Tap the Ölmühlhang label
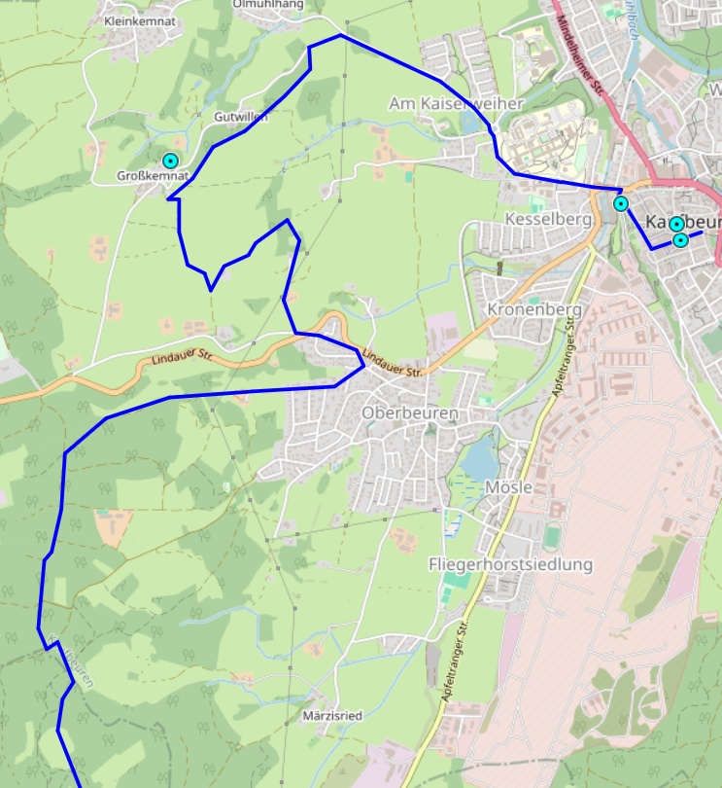(268, 5)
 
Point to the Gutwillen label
(240, 117)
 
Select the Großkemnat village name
(152, 176)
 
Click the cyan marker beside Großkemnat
(171, 161)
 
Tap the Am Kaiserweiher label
(456, 103)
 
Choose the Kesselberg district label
(548, 220)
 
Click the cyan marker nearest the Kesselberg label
(621, 204)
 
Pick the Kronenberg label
(534, 309)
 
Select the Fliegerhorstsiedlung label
(510, 564)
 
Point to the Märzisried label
(332, 716)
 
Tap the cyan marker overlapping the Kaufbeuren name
(676, 224)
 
